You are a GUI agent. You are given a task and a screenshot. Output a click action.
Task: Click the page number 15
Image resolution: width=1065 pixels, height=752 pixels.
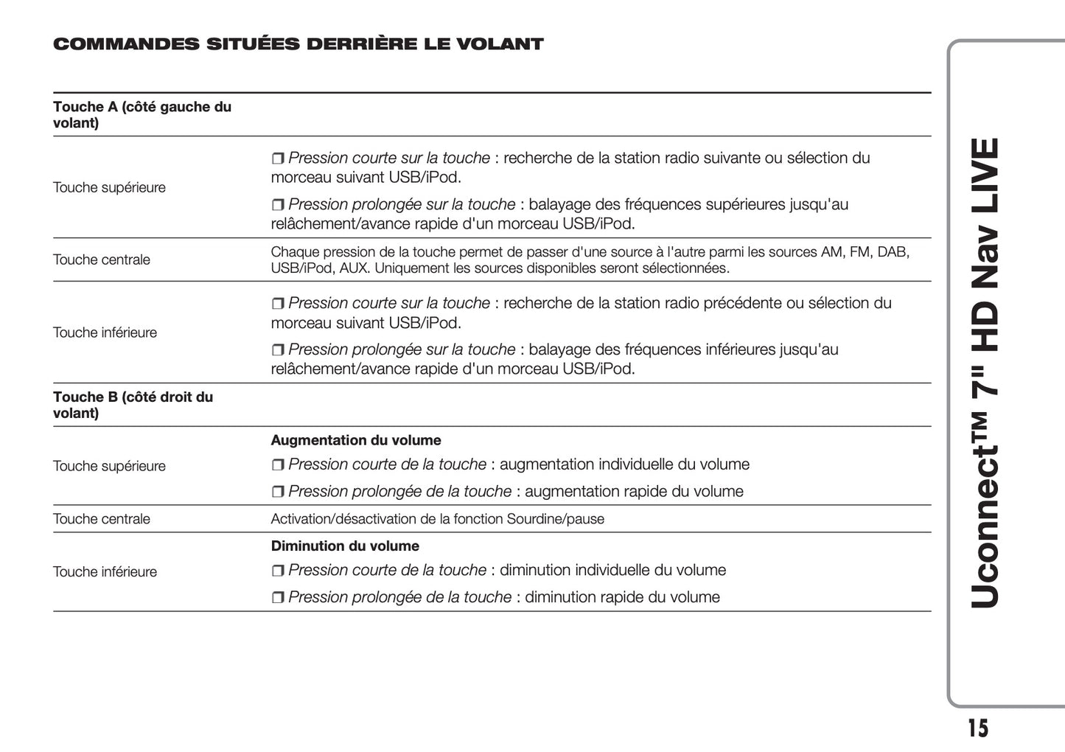[977, 728]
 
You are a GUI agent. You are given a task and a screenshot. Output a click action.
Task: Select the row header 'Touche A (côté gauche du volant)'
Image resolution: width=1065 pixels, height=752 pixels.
[142, 115]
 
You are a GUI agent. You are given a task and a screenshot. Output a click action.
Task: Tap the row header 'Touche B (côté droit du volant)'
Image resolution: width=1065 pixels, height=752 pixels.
[133, 405]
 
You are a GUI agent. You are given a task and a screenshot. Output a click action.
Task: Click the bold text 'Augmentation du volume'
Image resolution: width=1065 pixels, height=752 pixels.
[356, 440]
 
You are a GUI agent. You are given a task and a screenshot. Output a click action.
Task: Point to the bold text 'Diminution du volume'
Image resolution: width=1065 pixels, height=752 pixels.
[345, 546]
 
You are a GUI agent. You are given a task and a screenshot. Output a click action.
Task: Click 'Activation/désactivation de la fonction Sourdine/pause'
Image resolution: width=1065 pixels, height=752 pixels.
[437, 519]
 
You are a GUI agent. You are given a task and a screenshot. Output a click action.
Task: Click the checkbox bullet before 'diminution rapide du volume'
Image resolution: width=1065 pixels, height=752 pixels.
[278, 598]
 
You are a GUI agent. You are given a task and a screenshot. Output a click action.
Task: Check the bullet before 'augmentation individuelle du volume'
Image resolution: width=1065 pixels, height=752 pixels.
[278, 465]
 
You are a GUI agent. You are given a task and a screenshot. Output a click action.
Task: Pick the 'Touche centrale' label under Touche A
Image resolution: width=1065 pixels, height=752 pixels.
[102, 260]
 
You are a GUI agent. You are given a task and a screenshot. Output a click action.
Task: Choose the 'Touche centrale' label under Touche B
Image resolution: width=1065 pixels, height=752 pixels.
[102, 519]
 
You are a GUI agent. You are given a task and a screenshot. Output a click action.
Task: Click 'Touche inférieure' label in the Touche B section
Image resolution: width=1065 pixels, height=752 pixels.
[105, 572]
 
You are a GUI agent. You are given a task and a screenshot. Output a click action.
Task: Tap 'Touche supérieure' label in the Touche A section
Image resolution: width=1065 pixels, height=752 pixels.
[110, 187]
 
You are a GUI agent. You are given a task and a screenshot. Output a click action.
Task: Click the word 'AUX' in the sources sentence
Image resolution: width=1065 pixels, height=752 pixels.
[354, 268]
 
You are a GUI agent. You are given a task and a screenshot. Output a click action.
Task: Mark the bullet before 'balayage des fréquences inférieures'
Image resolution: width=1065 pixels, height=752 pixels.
[278, 350]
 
